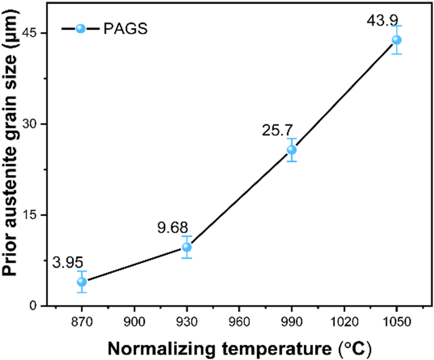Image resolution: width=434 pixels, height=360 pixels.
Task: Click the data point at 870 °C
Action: tap(82, 282)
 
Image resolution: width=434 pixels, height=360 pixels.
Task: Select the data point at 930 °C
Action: tap(187, 247)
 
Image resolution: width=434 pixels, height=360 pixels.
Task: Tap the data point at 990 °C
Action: tap(292, 150)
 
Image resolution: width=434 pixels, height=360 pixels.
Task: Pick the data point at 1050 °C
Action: tap(397, 40)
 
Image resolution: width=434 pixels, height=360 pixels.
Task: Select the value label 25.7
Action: tap(277, 130)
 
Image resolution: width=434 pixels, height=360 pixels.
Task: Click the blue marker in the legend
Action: tap(81, 29)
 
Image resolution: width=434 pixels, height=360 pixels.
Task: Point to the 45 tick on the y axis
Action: tap(36, 33)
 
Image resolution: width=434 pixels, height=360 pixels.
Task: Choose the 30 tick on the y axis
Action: tap(36, 124)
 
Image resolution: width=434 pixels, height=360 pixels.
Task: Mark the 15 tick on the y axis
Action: tap(36, 215)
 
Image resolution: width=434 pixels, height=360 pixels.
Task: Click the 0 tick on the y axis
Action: tap(39, 306)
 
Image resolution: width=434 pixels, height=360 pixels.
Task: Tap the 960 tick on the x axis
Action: tap(239, 322)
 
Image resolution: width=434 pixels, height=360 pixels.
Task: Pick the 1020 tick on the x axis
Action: tap(344, 322)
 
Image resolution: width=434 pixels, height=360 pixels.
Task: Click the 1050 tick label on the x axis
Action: tap(397, 322)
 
